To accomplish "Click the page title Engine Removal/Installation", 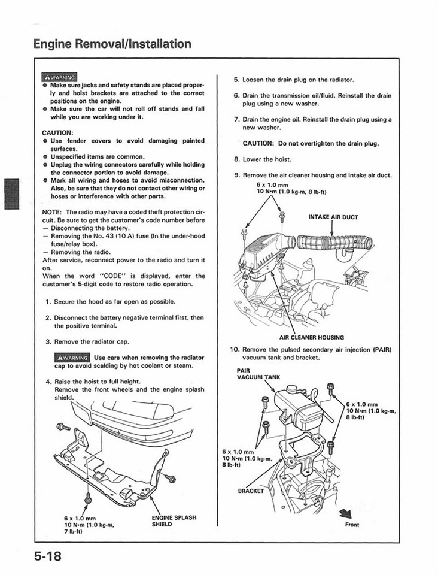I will click(x=112, y=44).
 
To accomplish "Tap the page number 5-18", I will click(x=47, y=556).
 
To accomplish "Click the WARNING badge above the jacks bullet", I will click(x=59, y=77).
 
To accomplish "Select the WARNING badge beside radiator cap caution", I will click(x=72, y=358).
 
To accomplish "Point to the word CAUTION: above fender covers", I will click(x=58, y=132).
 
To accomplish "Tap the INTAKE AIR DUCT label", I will click(x=333, y=217).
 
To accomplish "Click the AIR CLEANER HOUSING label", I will click(x=311, y=337).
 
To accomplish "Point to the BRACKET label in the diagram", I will click(x=251, y=491).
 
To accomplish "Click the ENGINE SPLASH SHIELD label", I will click(x=174, y=520).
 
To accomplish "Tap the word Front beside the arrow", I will click(x=352, y=525).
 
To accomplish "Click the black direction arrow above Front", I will click(x=345, y=513).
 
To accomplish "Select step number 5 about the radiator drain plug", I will click(x=236, y=79).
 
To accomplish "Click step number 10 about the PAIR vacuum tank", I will click(x=235, y=349).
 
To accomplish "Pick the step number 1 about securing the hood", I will click(x=48, y=301).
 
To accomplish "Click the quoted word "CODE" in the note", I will click(x=111, y=276).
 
